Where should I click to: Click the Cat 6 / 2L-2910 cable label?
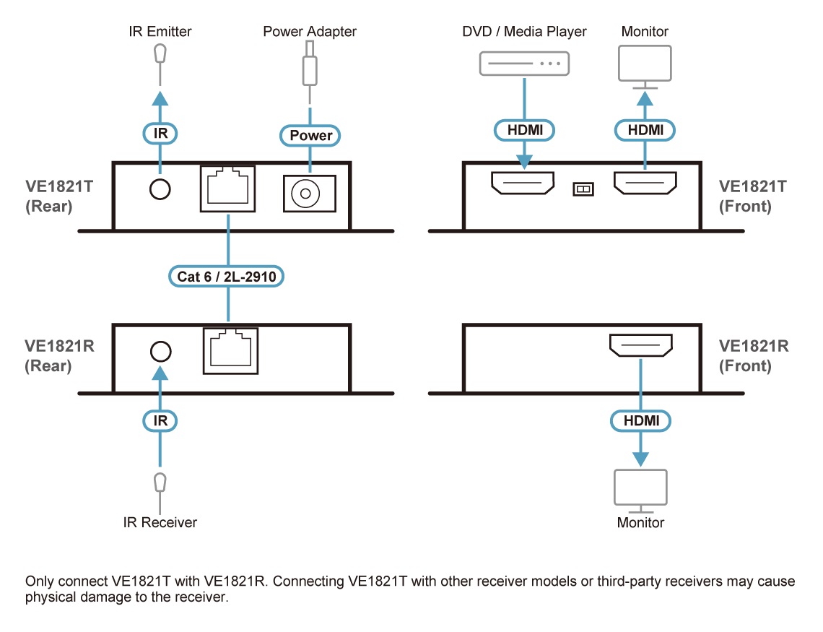point(227,276)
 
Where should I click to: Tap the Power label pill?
point(310,135)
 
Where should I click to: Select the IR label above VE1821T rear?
point(160,133)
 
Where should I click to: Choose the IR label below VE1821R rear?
point(160,420)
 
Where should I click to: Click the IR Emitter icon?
point(160,54)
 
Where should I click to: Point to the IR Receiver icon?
point(160,482)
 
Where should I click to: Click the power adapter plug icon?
point(310,65)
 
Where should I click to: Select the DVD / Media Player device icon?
point(524,64)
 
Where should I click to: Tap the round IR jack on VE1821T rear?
point(160,190)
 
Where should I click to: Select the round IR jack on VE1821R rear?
point(160,352)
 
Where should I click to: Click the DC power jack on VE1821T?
point(310,194)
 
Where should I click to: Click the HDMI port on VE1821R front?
point(641,345)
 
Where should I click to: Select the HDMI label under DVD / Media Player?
point(524,130)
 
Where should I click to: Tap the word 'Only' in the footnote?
point(38,581)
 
